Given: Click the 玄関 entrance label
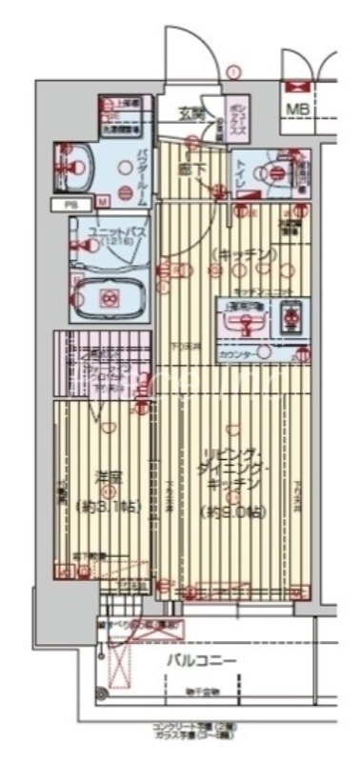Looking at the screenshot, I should (190, 113).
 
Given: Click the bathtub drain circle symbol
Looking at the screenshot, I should (109, 298).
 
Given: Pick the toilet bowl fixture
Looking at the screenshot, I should (274, 173).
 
